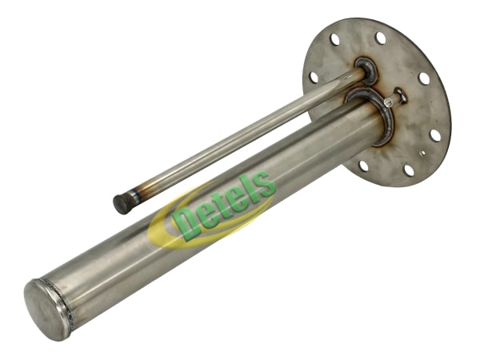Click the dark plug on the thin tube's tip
pos(122,204)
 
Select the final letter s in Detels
pos(266,186)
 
